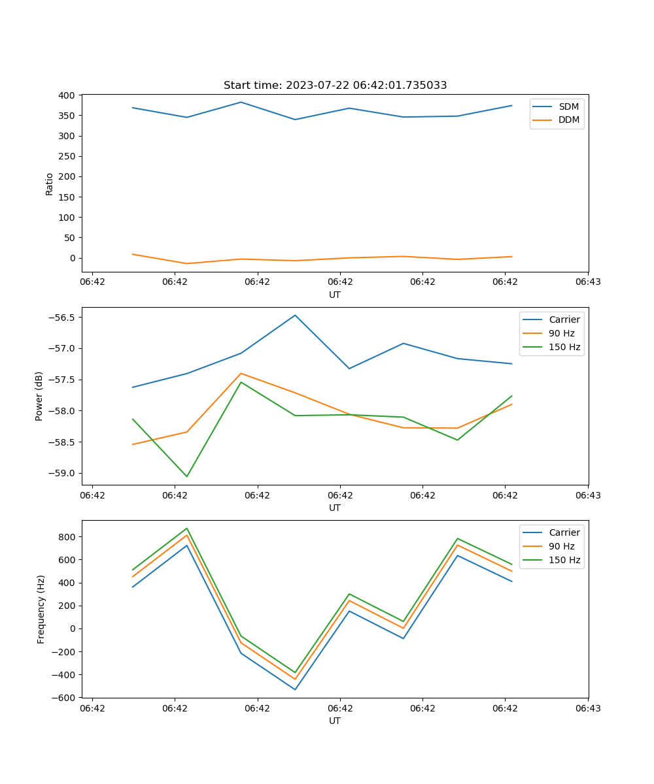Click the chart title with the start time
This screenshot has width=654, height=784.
click(335, 86)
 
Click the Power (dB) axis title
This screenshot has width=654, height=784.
click(39, 396)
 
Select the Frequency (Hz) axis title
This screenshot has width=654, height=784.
click(41, 609)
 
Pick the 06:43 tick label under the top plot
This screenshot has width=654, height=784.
click(587, 282)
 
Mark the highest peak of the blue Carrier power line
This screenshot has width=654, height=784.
click(295, 315)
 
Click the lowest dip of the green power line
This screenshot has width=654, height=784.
click(187, 476)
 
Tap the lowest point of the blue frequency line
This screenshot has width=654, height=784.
click(295, 689)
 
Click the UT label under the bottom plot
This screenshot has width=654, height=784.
click(335, 721)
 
